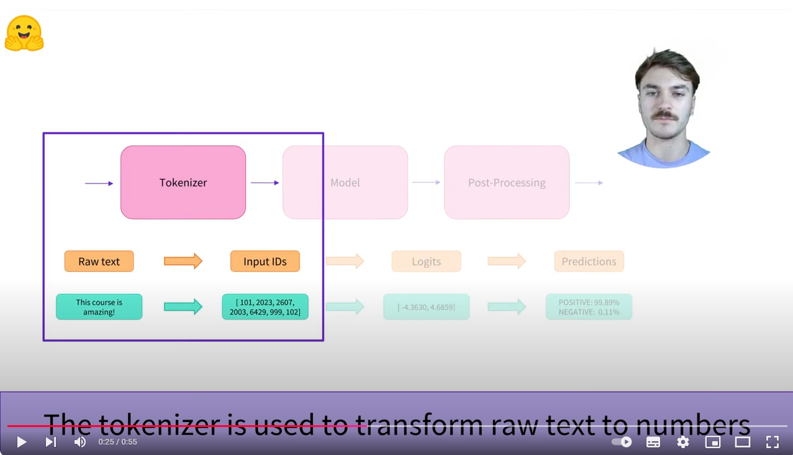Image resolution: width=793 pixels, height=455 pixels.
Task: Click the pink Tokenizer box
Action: click(183, 182)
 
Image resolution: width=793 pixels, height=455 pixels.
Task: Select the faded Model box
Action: click(345, 182)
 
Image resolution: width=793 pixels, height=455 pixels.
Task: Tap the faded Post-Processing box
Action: click(507, 182)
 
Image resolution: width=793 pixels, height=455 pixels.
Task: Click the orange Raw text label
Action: click(99, 261)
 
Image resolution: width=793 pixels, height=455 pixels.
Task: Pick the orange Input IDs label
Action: click(265, 261)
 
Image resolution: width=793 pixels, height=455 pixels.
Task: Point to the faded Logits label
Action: click(426, 261)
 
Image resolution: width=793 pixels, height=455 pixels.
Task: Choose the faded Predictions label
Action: click(589, 261)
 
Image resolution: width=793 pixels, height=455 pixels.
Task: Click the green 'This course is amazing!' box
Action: click(99, 307)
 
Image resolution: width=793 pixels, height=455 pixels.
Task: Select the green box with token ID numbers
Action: click(265, 307)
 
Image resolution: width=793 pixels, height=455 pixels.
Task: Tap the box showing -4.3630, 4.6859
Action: click(426, 307)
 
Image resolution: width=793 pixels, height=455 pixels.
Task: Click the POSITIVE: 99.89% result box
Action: click(589, 307)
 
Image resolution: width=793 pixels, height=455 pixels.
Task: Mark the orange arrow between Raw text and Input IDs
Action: click(183, 261)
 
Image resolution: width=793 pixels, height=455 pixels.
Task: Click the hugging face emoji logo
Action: click(24, 33)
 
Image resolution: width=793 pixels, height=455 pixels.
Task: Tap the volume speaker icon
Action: click(80, 442)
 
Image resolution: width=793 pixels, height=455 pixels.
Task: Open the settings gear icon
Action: click(683, 442)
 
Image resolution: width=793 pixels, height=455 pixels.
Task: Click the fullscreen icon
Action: click(772, 442)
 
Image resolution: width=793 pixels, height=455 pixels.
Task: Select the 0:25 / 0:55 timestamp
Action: click(118, 442)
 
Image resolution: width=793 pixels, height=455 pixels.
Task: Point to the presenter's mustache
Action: click(665, 115)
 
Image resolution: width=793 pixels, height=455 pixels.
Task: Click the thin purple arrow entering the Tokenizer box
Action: click(99, 183)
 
